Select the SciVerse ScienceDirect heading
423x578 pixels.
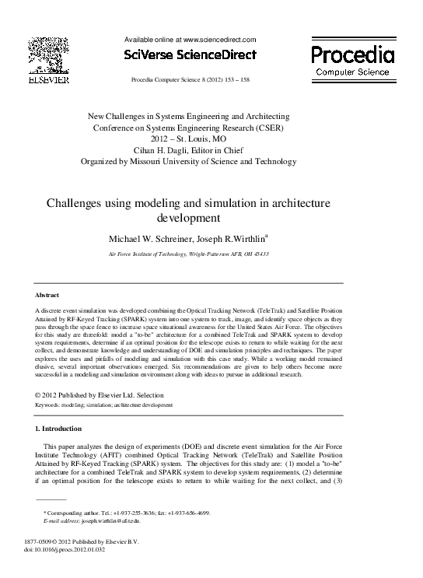point(189,55)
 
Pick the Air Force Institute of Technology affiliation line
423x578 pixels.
point(189,254)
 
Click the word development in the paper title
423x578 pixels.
point(190,217)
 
